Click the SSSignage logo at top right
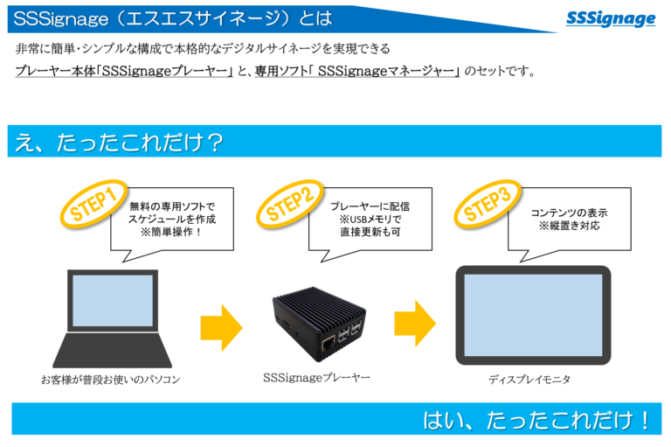pos(611,18)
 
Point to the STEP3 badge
pos(487,203)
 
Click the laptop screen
pos(113,305)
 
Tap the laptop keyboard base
pos(113,353)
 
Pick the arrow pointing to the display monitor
pos(413,324)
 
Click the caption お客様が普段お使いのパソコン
pos(111,380)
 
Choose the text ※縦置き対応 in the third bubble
pos(569,227)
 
